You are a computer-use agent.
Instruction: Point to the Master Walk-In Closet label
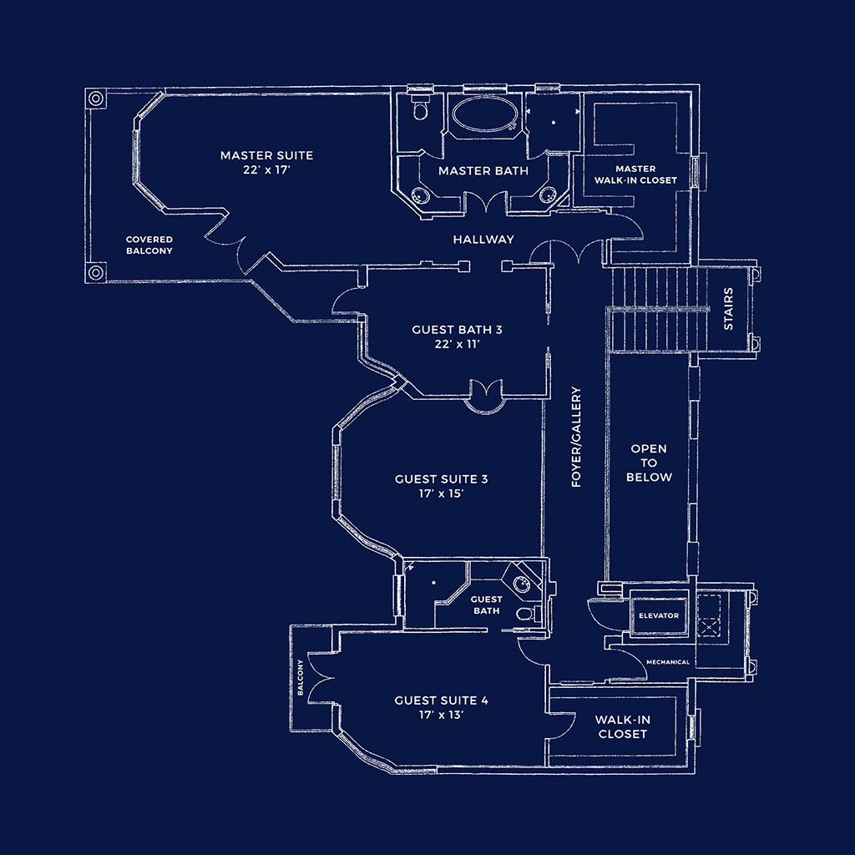tap(635, 175)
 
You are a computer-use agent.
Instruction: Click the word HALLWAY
tap(483, 240)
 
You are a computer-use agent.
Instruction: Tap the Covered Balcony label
tap(149, 245)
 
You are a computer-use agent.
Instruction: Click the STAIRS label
tap(728, 309)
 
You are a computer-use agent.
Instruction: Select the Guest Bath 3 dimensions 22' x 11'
tap(457, 344)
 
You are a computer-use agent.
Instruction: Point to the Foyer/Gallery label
tap(576, 437)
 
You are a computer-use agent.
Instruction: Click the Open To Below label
tap(649, 463)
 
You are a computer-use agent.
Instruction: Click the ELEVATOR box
tap(659, 615)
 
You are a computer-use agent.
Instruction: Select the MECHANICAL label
tap(668, 662)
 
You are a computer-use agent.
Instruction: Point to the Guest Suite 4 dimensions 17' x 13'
tap(441, 715)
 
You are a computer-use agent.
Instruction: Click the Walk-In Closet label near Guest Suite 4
tap(622, 727)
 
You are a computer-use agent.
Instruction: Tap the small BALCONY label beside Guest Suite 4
tap(300, 677)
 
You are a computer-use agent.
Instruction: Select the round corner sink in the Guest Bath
tap(522, 584)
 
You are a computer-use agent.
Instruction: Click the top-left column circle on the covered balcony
tap(96, 99)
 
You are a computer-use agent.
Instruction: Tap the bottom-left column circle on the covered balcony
tap(96, 271)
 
